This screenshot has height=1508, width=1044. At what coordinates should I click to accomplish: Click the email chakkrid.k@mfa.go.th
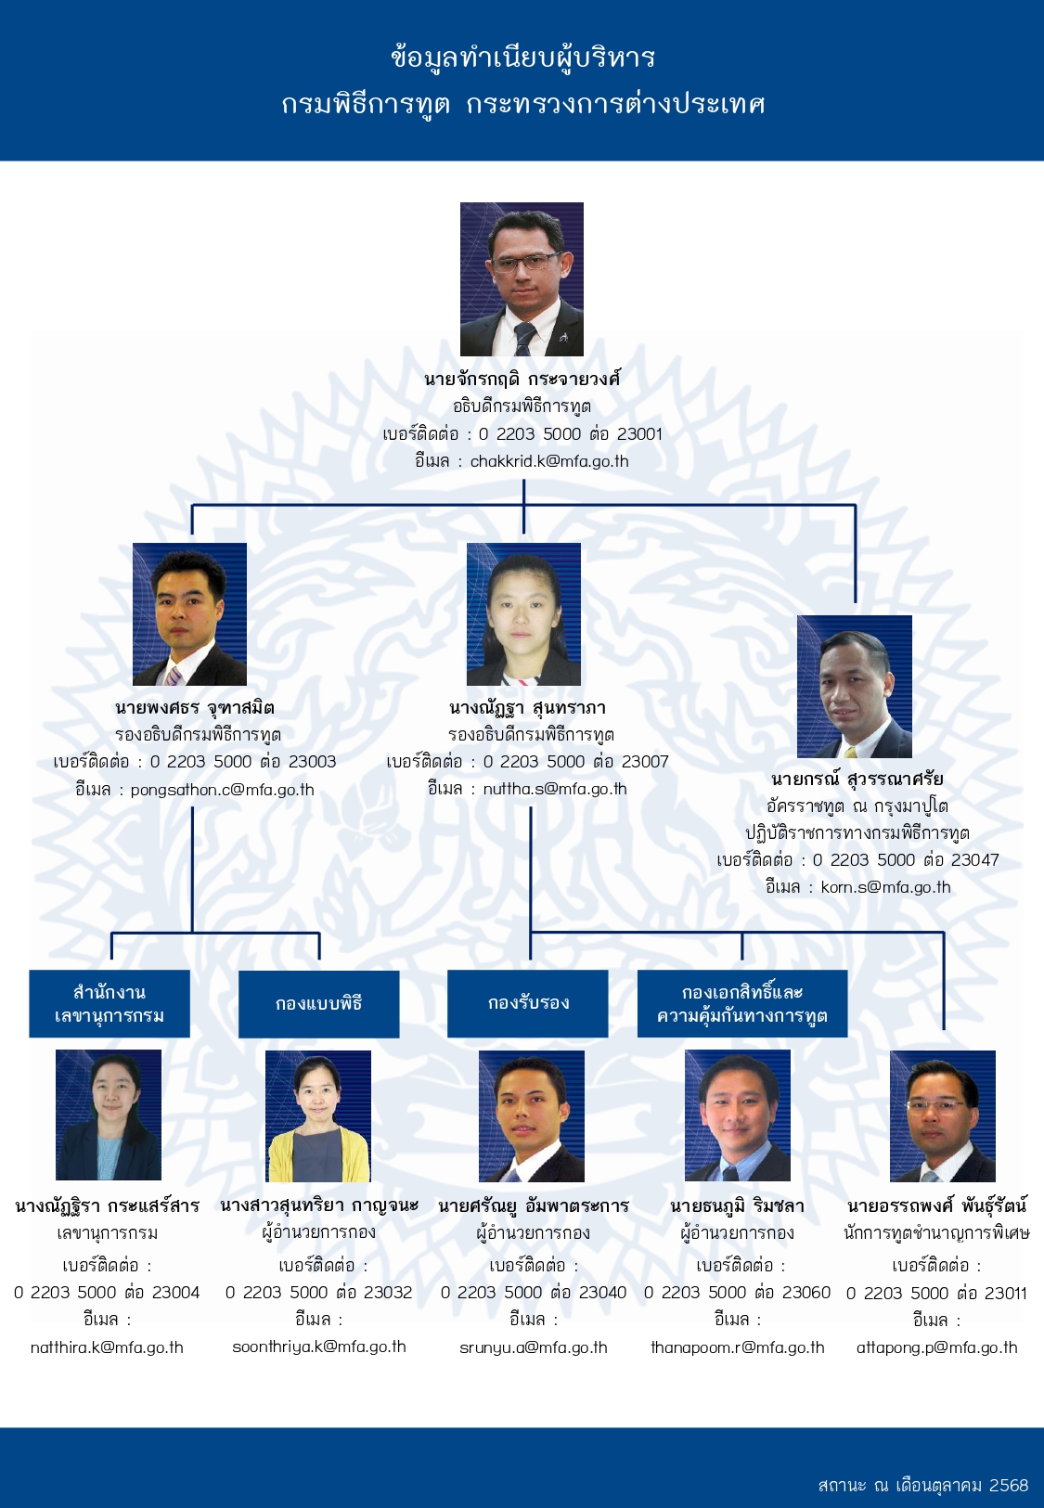(549, 461)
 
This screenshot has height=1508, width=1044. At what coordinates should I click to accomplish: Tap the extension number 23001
(639, 434)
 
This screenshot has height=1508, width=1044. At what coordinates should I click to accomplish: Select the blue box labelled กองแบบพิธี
(319, 1003)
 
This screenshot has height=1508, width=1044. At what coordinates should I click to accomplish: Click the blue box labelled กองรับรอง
(528, 1003)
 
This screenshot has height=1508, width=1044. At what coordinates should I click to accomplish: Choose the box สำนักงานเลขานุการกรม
(110, 1003)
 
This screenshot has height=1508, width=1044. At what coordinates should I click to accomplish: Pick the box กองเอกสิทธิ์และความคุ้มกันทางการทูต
(742, 1003)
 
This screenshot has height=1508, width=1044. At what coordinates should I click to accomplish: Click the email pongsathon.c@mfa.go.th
(222, 790)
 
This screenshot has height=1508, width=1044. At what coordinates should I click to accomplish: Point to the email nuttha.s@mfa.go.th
(555, 789)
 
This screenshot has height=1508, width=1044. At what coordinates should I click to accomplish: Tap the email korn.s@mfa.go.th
(886, 887)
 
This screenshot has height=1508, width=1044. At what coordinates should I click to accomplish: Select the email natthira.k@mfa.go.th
(107, 1347)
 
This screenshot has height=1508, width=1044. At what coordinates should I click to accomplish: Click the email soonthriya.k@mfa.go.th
(319, 1347)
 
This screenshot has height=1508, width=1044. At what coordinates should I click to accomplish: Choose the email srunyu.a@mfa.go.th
(534, 1347)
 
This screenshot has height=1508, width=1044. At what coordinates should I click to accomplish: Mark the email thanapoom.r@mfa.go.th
(738, 1347)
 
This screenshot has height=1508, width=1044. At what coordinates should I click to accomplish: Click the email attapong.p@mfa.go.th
(937, 1347)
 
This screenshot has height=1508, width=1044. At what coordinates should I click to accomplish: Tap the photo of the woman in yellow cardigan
(318, 1115)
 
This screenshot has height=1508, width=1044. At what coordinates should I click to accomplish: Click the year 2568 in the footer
(1009, 1485)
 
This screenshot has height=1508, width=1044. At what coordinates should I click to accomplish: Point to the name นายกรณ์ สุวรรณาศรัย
(857, 780)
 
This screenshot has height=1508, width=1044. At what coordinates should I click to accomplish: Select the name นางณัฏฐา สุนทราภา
(528, 708)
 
